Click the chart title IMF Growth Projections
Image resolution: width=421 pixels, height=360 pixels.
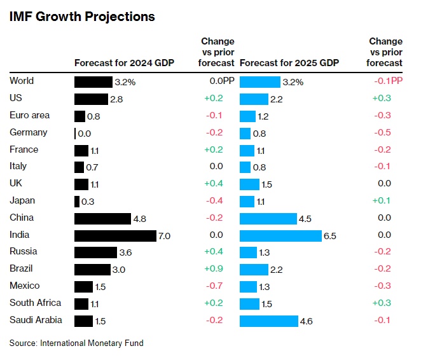82,17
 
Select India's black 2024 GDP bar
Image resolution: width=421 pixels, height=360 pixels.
115,235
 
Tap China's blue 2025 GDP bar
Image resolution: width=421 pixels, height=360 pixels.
268,218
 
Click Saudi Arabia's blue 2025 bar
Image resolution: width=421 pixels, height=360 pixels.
268,321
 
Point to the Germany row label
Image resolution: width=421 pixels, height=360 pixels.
28,132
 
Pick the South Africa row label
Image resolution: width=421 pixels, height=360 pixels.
36,303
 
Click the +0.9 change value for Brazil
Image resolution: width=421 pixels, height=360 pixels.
213,268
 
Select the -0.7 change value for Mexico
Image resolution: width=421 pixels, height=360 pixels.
214,286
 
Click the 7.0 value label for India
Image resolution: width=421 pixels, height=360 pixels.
165,236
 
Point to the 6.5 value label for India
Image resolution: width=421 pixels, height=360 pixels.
329,236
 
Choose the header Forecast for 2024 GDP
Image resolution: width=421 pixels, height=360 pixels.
124,63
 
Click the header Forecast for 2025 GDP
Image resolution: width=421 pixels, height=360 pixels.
289,63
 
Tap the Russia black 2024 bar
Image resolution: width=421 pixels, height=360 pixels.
95,253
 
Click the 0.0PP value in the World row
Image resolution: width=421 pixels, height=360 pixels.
221,81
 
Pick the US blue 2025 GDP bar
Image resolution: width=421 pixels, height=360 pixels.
253,99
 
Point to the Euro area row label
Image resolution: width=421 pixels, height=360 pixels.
29,115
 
